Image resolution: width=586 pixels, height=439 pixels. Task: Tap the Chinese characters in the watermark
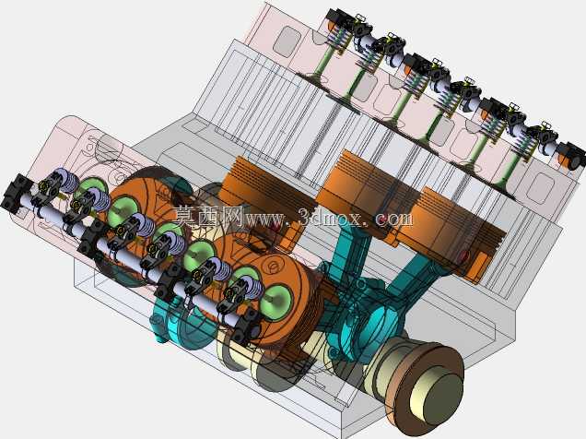[208, 216]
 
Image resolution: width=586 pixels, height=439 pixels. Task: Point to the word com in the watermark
[394, 219]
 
